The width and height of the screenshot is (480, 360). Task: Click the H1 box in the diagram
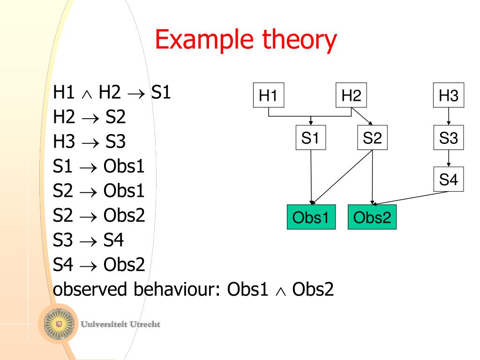[268, 96]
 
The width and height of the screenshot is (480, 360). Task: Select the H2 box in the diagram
[351, 96]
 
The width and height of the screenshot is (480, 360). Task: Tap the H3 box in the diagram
[449, 96]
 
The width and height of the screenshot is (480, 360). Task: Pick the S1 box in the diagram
[311, 138]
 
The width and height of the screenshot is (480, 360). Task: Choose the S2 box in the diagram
[372, 138]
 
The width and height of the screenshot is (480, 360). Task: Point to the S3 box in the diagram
[449, 138]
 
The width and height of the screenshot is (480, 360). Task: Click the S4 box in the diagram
[449, 179]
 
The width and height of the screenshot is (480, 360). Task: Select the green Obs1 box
[311, 217]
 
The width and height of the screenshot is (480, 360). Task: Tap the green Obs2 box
[372, 217]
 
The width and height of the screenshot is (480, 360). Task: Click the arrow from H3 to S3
[449, 117]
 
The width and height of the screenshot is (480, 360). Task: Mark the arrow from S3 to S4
[449, 158]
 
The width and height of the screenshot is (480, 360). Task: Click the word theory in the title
[301, 40]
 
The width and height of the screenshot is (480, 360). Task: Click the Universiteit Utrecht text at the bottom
[120, 324]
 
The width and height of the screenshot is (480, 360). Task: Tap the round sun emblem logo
[59, 323]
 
